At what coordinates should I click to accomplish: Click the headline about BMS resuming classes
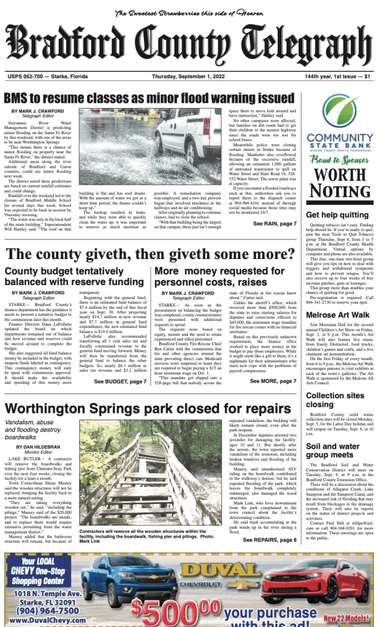pyautogui.click(x=149, y=97)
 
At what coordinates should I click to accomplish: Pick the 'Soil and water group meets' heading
pyautogui.click(x=335, y=451)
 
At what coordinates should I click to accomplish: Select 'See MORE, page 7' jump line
pyautogui.click(x=273, y=365)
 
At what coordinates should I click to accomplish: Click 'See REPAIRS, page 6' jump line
pyautogui.click(x=269, y=540)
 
